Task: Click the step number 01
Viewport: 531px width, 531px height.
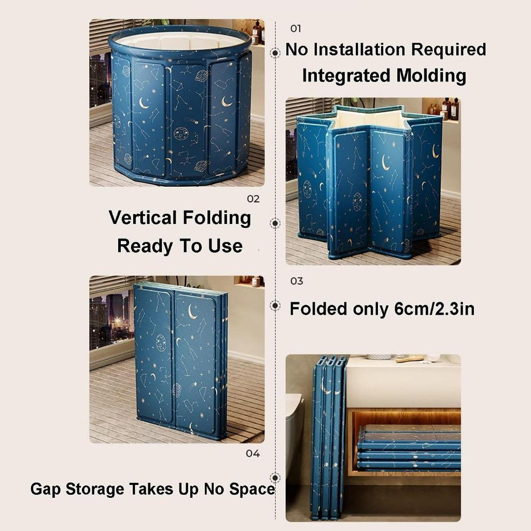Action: (x=295, y=29)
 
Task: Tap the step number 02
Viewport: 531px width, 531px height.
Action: (x=253, y=199)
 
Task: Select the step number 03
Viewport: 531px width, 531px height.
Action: (x=296, y=281)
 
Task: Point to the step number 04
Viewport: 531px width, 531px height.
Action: (x=253, y=453)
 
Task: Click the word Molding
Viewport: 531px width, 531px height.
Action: (x=431, y=76)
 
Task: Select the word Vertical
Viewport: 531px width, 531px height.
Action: (x=143, y=217)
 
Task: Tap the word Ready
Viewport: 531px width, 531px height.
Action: (x=145, y=246)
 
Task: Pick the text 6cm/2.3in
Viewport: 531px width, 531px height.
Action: (x=435, y=309)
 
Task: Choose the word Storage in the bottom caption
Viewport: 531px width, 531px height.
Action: (x=95, y=490)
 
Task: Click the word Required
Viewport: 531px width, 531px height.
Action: (x=449, y=50)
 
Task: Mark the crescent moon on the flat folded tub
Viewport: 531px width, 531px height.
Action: (x=192, y=312)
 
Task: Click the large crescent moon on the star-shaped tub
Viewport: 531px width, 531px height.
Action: (x=385, y=163)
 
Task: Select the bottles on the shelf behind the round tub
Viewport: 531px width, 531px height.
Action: (x=257, y=32)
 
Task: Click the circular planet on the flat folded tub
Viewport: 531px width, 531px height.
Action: (x=161, y=342)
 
